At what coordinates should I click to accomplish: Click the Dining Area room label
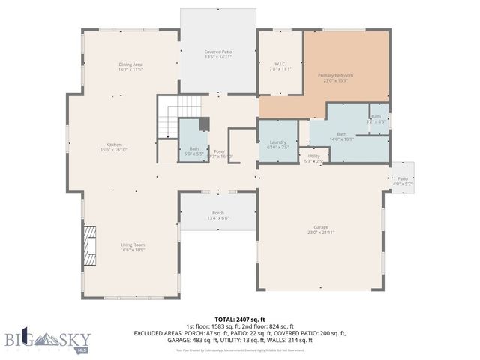point(130,64)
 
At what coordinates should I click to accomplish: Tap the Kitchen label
point(114,144)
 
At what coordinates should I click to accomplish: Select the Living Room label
point(133,244)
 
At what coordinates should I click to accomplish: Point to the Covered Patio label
point(218,52)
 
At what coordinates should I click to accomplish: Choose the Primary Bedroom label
point(335,76)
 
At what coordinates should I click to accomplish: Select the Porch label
point(218,213)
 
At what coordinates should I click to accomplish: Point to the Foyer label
point(219,152)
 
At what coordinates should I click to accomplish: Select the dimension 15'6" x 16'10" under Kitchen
point(114,149)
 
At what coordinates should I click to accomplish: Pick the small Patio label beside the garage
point(403,178)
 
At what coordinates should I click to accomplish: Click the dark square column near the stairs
point(203,124)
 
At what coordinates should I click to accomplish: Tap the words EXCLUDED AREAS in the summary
point(160,332)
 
